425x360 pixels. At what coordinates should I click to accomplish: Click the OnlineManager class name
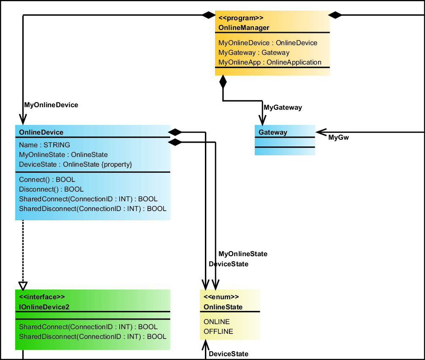click(244, 28)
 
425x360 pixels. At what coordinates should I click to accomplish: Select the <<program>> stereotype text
click(241, 18)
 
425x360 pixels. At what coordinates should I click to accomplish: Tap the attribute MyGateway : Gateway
click(253, 53)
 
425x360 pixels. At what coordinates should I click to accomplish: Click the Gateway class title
click(272, 133)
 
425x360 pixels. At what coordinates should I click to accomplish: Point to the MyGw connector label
click(338, 138)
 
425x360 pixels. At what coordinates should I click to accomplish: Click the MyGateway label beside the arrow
click(283, 108)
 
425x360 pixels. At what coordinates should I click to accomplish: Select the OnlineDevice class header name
click(41, 133)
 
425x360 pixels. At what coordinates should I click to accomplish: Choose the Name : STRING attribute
click(44, 145)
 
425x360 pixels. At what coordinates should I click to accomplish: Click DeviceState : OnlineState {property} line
click(76, 165)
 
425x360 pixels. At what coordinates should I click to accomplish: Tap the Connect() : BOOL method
click(47, 180)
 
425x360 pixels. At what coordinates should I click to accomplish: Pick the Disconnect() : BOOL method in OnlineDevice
click(51, 189)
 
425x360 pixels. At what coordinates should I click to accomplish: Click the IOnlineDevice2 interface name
click(44, 307)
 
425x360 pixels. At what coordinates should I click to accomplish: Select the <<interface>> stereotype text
click(42, 297)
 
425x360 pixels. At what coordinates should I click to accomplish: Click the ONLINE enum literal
click(216, 322)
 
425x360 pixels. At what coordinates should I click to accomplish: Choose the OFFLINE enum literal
click(218, 332)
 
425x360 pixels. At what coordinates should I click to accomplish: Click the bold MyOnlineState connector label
click(242, 254)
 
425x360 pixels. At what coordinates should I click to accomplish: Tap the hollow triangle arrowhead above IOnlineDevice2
click(23, 285)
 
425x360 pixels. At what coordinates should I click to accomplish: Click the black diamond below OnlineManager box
click(223, 81)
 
